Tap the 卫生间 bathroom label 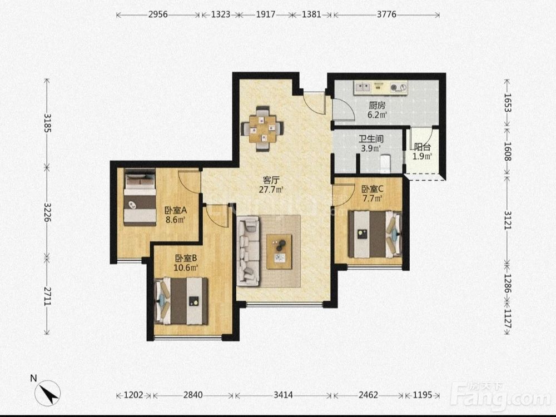(x=371, y=139)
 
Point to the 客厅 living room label (x=271, y=181)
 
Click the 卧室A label (x=176, y=210)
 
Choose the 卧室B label (x=186, y=258)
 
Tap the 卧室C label (x=373, y=189)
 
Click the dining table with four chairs (x=262, y=129)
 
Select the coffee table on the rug (x=280, y=252)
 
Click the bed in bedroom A (x=140, y=197)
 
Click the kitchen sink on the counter (x=363, y=87)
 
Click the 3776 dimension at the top (x=386, y=14)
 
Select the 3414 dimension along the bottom (x=283, y=395)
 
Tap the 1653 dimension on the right (x=507, y=103)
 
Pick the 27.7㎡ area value (x=271, y=190)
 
